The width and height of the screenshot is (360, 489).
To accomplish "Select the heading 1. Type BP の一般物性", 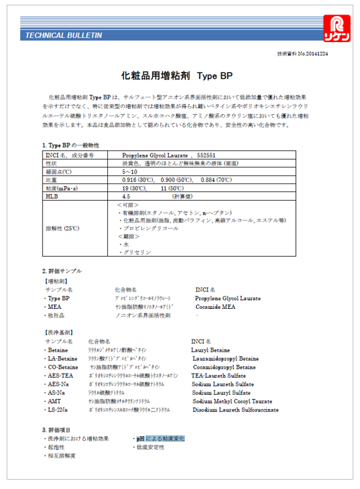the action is click(70, 145).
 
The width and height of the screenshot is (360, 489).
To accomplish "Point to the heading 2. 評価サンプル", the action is click(61, 272).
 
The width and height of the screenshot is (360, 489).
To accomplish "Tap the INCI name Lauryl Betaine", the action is click(211, 350).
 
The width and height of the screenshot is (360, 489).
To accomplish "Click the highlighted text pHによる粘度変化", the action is click(160, 438).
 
